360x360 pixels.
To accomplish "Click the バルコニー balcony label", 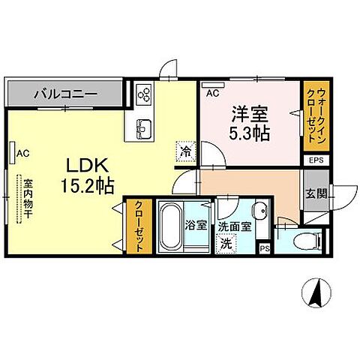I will tap(64, 94).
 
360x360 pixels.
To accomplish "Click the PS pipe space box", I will tap(264, 248).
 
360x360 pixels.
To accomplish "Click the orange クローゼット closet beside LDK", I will tap(139, 226).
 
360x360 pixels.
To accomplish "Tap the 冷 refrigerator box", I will tap(184, 151).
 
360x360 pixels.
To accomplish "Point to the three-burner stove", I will tap(144, 94).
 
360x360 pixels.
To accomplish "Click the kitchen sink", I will tap(144, 127).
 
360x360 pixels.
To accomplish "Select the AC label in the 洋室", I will tap(212, 94).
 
